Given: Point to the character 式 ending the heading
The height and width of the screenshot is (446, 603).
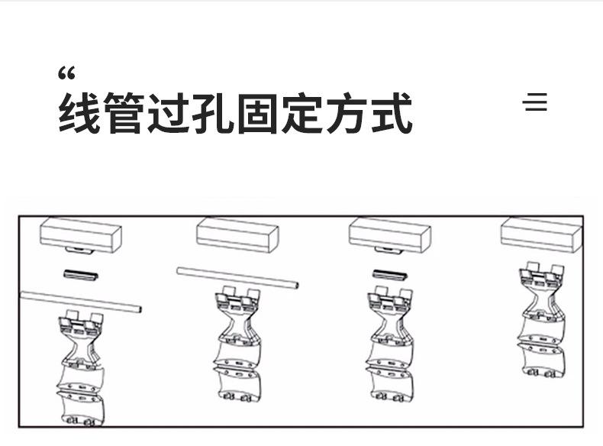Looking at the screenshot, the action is click(x=390, y=114).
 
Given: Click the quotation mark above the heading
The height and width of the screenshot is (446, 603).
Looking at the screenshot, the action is click(x=66, y=75).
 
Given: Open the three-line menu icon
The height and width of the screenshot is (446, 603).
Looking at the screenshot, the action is click(x=536, y=102).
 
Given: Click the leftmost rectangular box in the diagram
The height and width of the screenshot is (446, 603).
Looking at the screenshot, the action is click(x=81, y=236).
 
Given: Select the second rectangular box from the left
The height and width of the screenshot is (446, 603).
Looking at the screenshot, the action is click(x=237, y=235).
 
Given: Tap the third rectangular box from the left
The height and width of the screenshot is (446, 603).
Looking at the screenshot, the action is click(x=390, y=236).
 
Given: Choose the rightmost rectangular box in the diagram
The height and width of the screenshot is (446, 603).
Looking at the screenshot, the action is click(x=542, y=235).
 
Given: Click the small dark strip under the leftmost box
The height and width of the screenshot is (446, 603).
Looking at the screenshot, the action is click(x=80, y=274).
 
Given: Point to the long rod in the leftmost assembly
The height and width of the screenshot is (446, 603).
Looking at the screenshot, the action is click(x=81, y=302).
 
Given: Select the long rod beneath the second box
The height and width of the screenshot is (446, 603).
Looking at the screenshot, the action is click(x=237, y=277).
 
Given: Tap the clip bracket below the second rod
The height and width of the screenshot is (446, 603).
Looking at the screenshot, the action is click(x=237, y=344).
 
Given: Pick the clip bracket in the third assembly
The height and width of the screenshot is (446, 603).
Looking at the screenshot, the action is click(x=391, y=344).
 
